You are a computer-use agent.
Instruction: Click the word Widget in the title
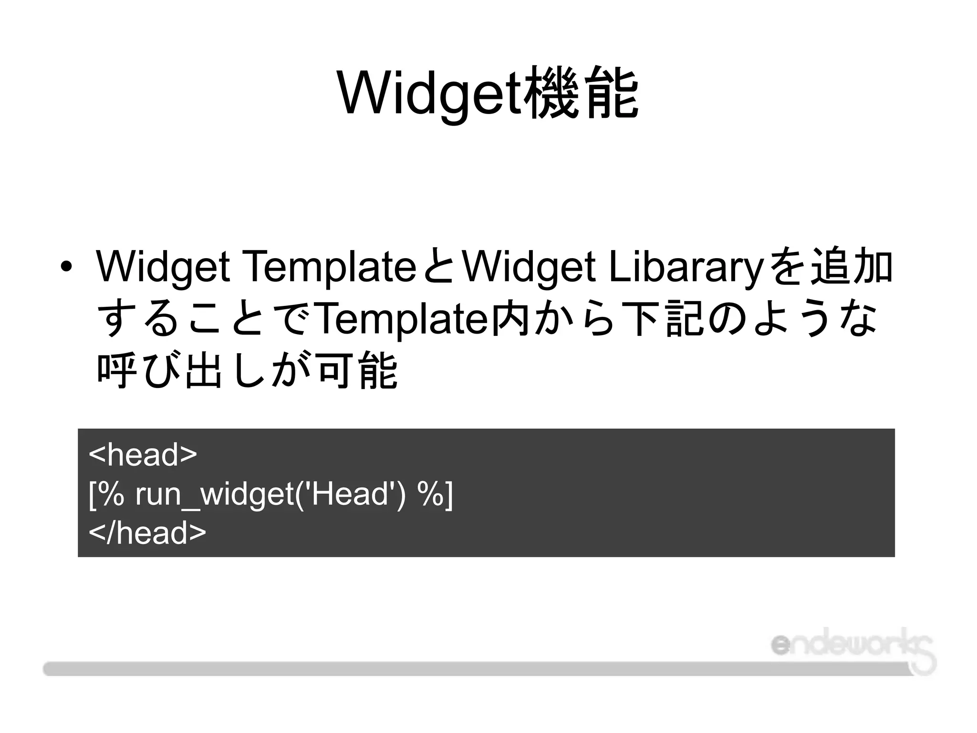click(429, 93)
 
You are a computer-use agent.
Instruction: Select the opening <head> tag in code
click(143, 455)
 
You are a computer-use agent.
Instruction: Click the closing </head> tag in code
click(147, 533)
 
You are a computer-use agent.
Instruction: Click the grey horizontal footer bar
click(477, 669)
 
